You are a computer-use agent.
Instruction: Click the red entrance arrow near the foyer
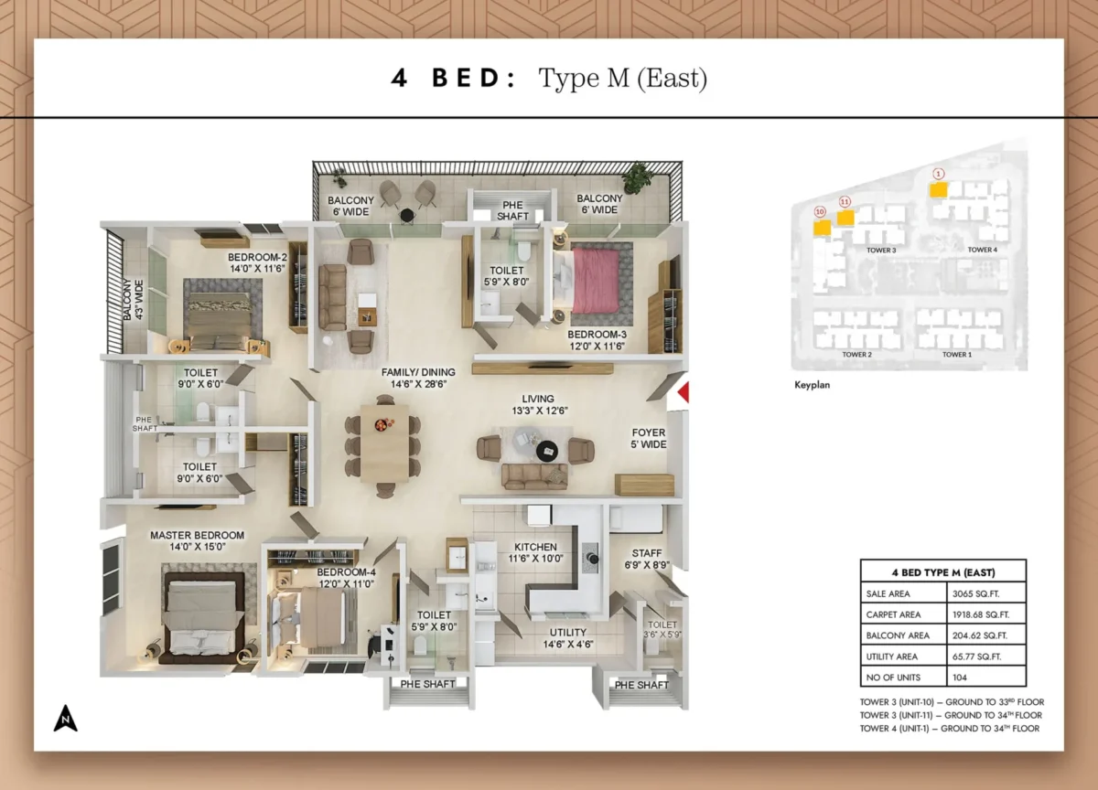coord(682,393)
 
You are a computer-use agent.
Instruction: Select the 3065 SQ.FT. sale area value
coord(971,593)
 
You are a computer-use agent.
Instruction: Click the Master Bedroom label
coord(197,540)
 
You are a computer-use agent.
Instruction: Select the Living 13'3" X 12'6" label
coord(538,404)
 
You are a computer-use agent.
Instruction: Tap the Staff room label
coord(647,559)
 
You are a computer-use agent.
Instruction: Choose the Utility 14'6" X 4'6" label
coord(568,638)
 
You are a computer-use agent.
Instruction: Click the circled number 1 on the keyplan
coord(938,174)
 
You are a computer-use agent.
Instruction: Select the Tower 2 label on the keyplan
coord(856,354)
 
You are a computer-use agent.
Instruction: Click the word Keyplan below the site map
coord(812,386)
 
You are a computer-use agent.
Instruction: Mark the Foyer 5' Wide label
coord(649,438)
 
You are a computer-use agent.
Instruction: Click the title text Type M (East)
coord(622,79)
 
